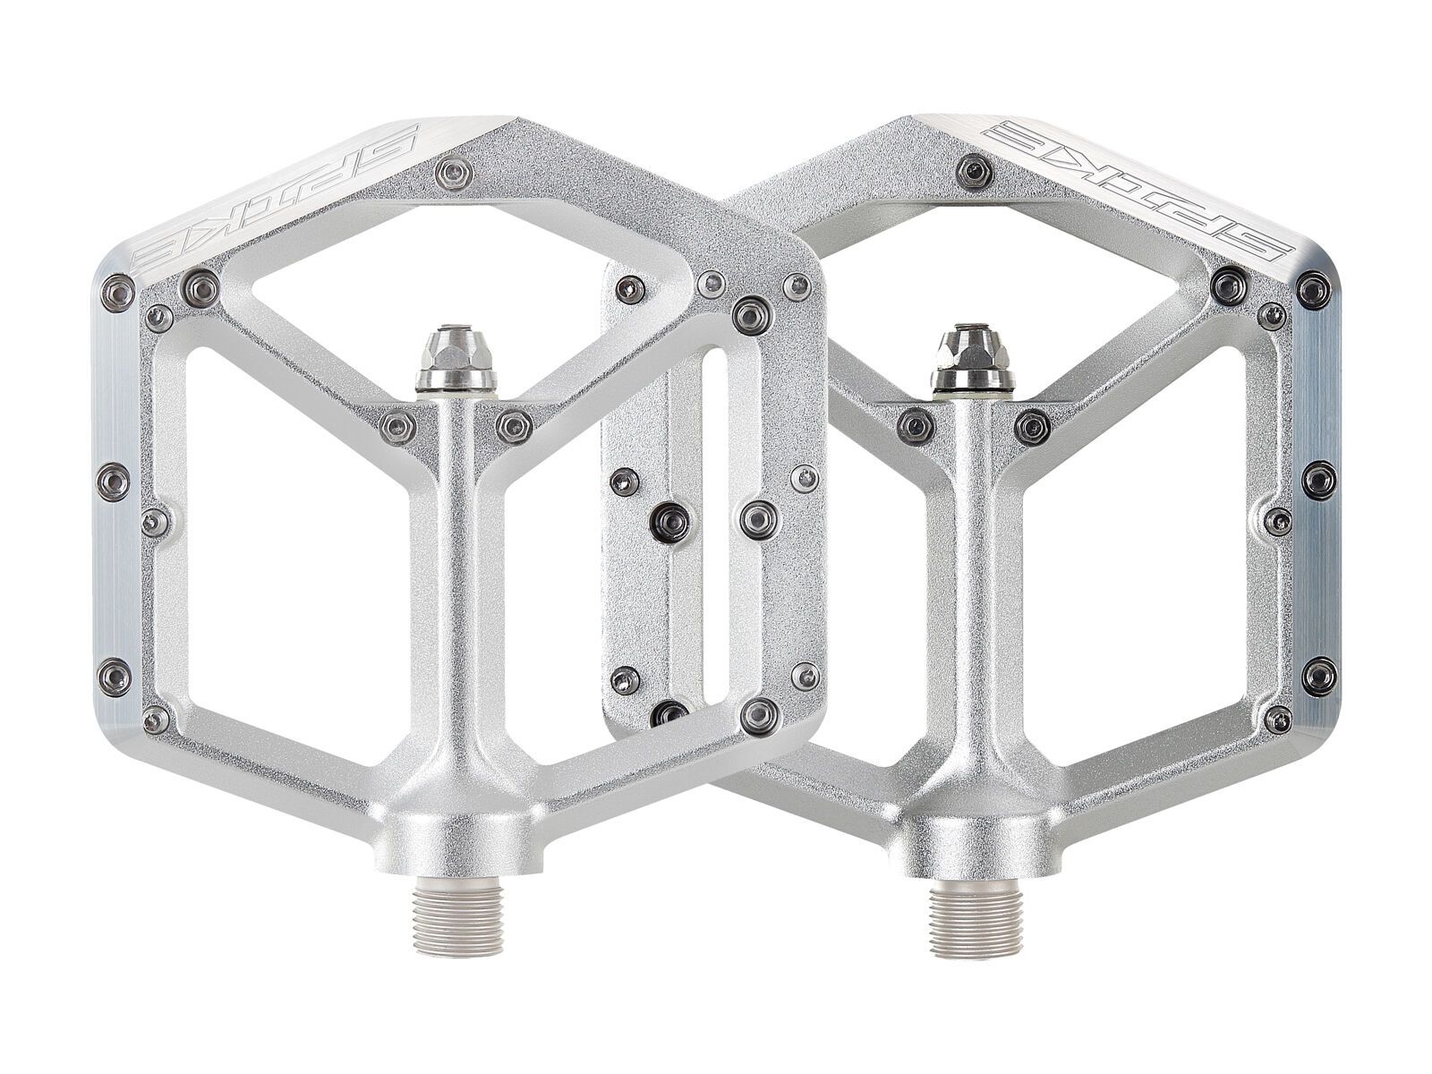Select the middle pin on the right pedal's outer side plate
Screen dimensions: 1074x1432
[1318, 480]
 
